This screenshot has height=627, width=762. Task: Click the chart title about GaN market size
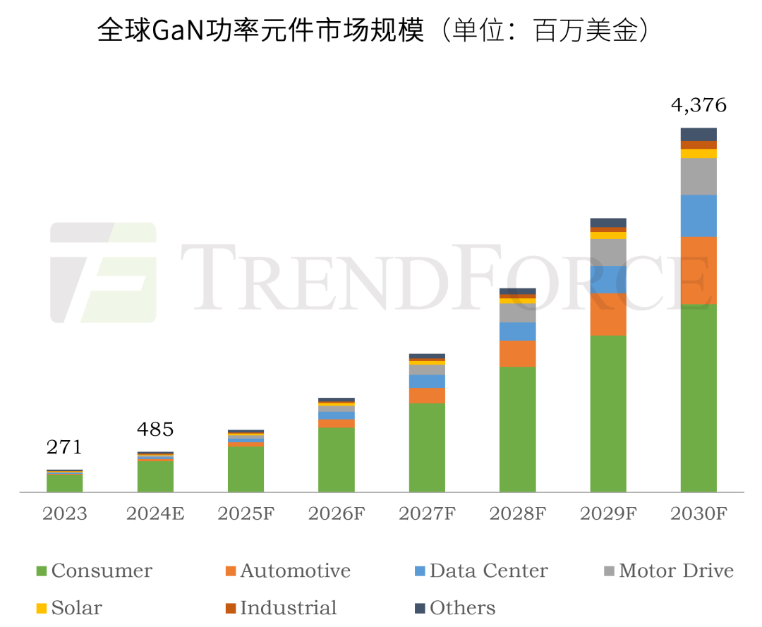[x=373, y=30]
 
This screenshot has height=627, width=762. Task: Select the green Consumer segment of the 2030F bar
[x=698, y=398]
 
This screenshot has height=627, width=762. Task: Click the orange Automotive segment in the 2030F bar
[x=698, y=270]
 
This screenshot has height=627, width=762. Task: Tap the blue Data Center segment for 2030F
[x=698, y=215]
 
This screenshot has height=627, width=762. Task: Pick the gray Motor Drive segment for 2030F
[x=698, y=176]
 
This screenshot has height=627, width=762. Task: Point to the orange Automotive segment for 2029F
[x=608, y=314]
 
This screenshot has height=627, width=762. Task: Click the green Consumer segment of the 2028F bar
[x=517, y=429]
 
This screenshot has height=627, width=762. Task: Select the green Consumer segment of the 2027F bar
[x=427, y=447]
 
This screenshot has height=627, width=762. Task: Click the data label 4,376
[x=698, y=106]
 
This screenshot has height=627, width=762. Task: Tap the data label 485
[x=155, y=429]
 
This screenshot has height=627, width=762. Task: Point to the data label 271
[x=65, y=447]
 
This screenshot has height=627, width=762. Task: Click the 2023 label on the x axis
[x=65, y=513]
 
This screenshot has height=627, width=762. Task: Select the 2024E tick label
[x=155, y=513]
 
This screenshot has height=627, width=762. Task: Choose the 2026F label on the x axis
[x=337, y=513]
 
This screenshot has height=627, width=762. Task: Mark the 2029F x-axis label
[x=608, y=513]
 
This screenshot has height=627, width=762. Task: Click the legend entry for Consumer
[x=94, y=571]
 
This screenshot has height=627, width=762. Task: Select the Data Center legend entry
[x=480, y=571]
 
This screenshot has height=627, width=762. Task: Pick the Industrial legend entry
[x=281, y=607]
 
